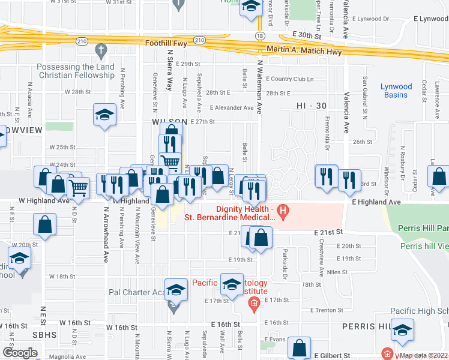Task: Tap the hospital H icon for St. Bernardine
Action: (x=285, y=211)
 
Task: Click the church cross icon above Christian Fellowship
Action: (x=100, y=49)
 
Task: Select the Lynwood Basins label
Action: (x=396, y=91)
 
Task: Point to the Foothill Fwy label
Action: (x=166, y=43)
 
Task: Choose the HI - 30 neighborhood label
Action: (x=312, y=106)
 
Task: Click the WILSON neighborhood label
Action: (x=166, y=121)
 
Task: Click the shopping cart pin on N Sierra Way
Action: (x=170, y=161)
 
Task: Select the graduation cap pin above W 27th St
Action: (x=104, y=114)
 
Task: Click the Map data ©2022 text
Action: (x=423, y=355)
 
